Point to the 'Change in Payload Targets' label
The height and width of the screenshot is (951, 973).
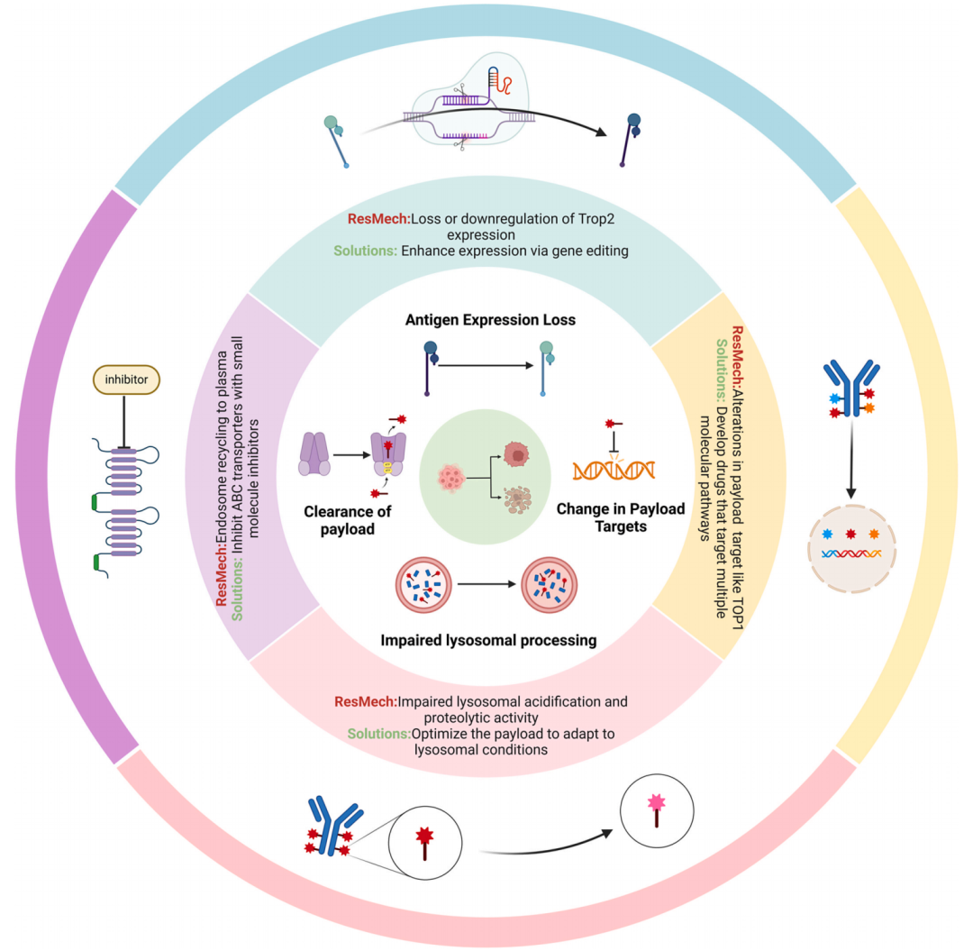tap(622, 517)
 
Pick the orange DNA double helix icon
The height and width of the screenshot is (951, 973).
tap(614, 468)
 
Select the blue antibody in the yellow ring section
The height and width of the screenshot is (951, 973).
tap(850, 389)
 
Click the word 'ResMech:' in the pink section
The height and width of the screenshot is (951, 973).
tap(364, 701)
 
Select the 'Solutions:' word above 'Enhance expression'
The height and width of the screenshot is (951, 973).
tap(364, 251)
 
